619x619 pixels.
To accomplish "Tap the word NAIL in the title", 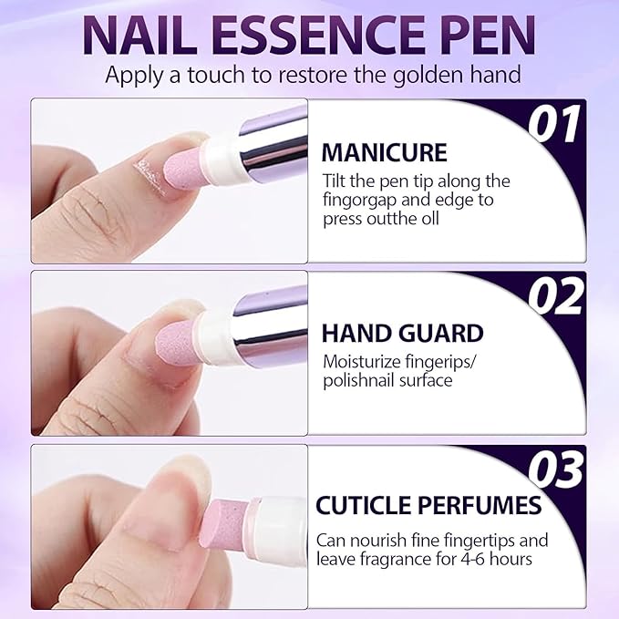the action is coord(141,35).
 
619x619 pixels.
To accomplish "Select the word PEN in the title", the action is coord(490,35).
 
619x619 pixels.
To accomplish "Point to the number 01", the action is coord(554,124).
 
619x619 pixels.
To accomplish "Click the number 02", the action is coord(555,296).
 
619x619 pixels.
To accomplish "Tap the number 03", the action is coord(556,469).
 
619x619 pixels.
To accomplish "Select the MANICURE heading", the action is coord(385,152).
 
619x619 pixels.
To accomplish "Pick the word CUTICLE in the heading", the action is coord(363,505).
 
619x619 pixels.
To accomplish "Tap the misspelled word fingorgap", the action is coord(359,201).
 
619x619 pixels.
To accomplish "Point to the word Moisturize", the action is coord(359,362).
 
